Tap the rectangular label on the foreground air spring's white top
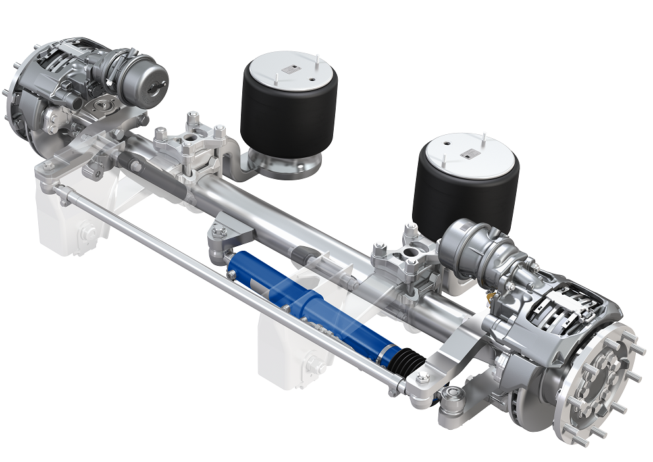(469, 153)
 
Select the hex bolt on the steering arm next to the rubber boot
(422, 377)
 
